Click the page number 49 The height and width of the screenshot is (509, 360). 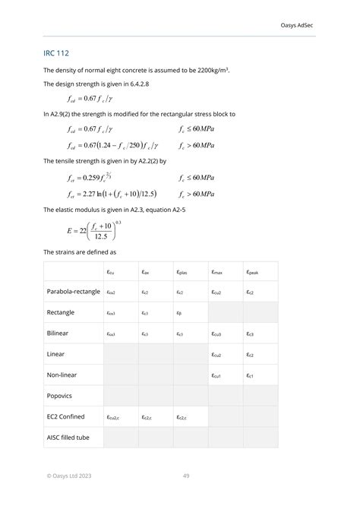[x=186, y=476]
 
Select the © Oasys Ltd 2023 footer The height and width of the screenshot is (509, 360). [x=73, y=476]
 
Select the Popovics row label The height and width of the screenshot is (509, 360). [x=62, y=396]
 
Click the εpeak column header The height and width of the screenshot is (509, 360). [x=254, y=271]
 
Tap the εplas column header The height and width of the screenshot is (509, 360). [x=183, y=271]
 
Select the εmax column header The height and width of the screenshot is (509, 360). [x=218, y=271]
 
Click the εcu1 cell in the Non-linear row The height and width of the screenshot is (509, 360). [x=217, y=375]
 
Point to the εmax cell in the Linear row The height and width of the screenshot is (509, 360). [x=217, y=355]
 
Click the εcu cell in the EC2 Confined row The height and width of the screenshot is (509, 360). [x=114, y=417]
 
